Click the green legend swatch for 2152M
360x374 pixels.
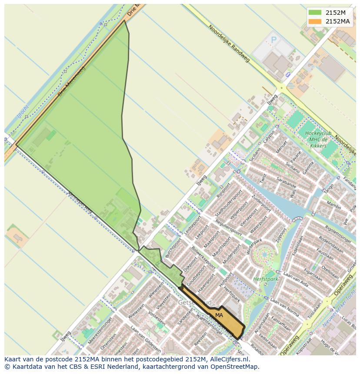coord(315,12)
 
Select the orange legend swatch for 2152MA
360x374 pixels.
coord(315,21)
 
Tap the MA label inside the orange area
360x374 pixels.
coord(219,315)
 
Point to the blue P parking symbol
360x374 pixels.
coord(274,40)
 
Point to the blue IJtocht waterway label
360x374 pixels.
coord(23,112)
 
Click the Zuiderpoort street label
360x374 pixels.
coord(261,204)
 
